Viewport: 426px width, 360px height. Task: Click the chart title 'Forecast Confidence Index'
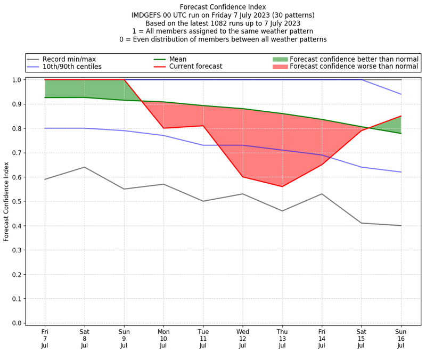coord(223,7)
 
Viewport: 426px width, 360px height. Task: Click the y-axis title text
coord(6,201)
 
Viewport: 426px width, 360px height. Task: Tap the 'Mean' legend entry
coord(178,59)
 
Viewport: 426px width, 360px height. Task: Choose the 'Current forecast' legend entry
coord(195,67)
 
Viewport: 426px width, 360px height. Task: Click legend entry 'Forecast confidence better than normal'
coord(354,59)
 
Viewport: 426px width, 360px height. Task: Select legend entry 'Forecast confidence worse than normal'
coord(354,67)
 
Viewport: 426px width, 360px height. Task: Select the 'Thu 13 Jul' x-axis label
coord(282,338)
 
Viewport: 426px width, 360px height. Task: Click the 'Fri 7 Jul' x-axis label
coord(45,338)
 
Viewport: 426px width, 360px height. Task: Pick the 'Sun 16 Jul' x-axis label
coord(401,338)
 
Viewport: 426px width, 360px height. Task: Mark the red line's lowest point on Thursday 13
coord(282,186)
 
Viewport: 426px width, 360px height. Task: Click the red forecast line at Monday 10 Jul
coord(163,128)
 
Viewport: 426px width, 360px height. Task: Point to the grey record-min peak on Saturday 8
coord(84,167)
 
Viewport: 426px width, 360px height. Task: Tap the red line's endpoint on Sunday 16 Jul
coord(401,116)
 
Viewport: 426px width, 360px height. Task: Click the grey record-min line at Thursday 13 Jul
coord(282,211)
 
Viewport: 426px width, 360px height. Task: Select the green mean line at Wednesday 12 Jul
coord(243,109)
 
